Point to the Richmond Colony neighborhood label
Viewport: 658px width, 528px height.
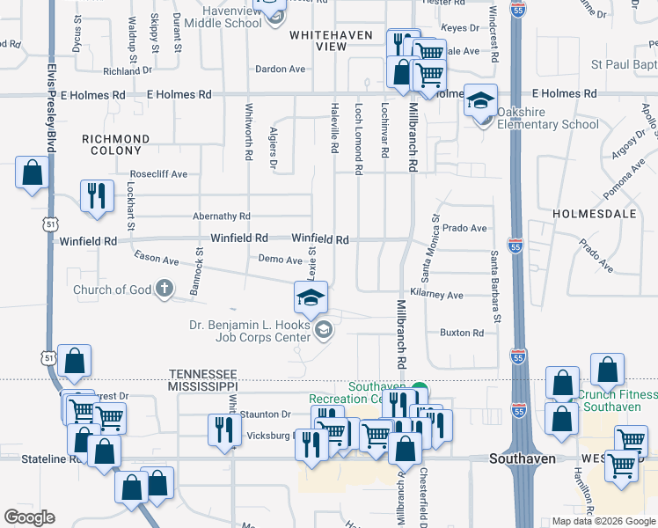(x=115, y=145)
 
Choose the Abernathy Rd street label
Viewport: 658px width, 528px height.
(x=222, y=216)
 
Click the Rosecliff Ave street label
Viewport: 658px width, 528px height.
(x=158, y=174)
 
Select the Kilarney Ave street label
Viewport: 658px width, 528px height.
(x=436, y=296)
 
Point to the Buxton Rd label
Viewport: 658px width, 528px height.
(x=462, y=333)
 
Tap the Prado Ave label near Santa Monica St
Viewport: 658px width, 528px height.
(x=464, y=229)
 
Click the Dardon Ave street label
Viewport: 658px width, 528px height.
(x=280, y=69)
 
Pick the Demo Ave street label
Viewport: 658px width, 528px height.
(x=280, y=259)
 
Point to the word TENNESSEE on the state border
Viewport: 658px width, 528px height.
(x=203, y=373)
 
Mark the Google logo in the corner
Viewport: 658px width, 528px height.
(x=29, y=517)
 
